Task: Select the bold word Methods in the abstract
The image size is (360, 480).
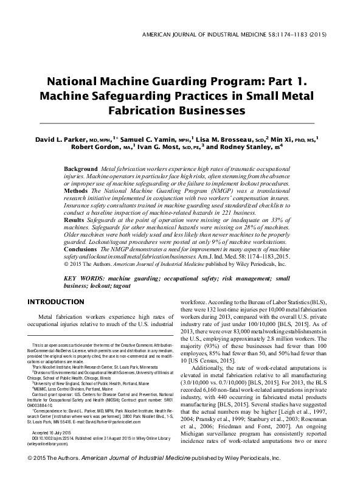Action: pos(78,190)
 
